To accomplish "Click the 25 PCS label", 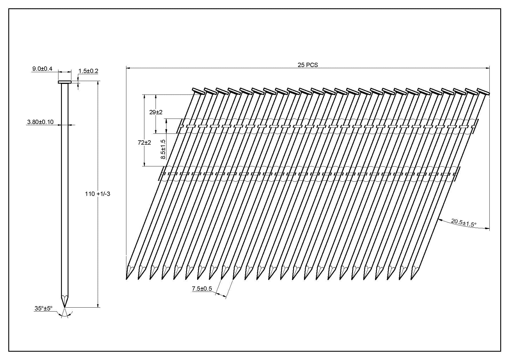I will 308,65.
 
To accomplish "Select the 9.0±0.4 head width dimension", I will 42,69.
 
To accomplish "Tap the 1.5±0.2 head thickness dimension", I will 88,71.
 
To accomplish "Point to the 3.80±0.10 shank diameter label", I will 40,122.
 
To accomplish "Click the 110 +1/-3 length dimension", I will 97,194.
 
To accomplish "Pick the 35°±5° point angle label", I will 44,308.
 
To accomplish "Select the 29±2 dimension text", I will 156,112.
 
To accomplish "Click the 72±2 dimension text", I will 144,142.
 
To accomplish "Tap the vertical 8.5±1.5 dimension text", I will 163,149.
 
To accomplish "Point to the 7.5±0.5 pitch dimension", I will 202,289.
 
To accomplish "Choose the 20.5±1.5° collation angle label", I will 464,223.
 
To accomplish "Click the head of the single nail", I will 64,82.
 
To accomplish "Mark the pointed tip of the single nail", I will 64,306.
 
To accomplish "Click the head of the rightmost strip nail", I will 483,91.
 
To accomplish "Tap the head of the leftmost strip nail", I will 198,91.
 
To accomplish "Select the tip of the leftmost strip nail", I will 127,278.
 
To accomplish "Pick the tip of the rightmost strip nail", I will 412,278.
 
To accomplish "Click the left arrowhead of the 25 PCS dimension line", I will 128,68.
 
